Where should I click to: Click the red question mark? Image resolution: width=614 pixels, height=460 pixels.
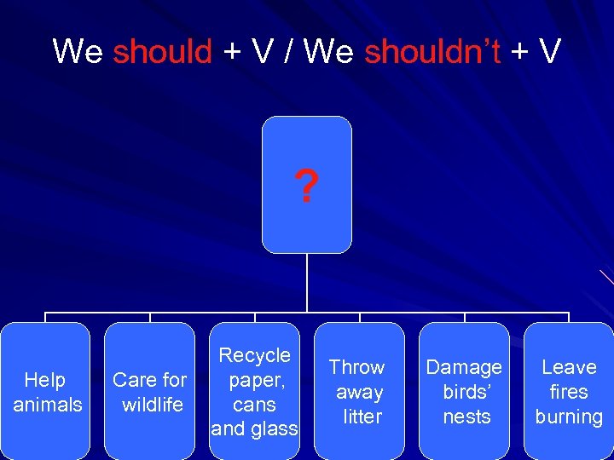(305, 187)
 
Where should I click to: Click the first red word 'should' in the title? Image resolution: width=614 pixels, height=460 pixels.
(162, 52)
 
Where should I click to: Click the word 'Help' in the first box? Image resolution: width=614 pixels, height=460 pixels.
(45, 380)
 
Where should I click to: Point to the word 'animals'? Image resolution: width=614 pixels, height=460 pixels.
(48, 405)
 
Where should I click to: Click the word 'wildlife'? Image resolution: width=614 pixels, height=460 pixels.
(153, 405)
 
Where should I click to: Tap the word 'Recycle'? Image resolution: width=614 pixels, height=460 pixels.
(254, 355)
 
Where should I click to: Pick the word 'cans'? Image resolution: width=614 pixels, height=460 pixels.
(254, 405)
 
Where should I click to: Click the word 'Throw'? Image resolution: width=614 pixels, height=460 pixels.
(356, 367)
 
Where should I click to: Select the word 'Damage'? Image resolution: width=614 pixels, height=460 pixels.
(464, 367)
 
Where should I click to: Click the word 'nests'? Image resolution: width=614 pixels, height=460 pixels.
(466, 417)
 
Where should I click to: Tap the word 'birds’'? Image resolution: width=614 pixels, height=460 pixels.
(466, 392)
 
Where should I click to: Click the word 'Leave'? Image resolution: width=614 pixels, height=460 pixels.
(569, 367)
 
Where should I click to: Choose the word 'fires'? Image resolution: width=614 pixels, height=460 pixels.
(569, 392)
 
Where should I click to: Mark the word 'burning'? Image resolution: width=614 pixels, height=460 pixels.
(569, 417)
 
